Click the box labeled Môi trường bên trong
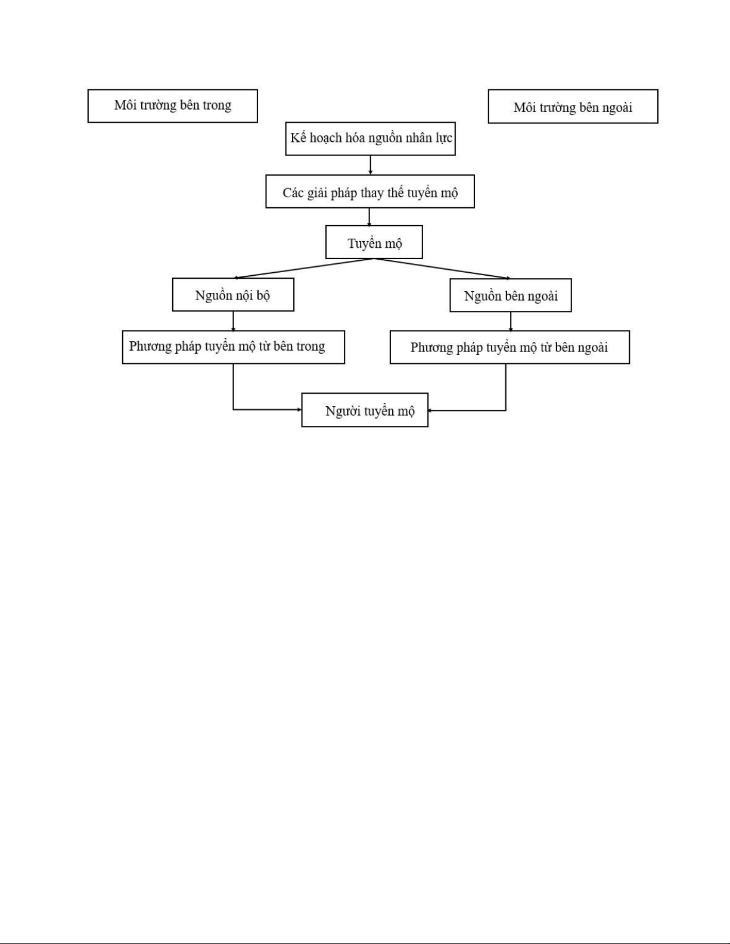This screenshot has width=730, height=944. pyautogui.click(x=172, y=106)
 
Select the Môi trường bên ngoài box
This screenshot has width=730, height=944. pyautogui.click(x=573, y=107)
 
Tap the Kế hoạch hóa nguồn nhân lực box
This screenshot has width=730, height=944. pyautogui.click(x=370, y=139)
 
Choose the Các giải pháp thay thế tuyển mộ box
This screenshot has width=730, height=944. pyautogui.click(x=370, y=192)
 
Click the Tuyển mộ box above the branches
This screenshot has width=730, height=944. pyautogui.click(x=374, y=242)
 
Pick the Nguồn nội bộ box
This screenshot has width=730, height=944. pyautogui.click(x=233, y=295)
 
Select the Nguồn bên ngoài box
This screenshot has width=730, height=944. pyautogui.click(x=511, y=295)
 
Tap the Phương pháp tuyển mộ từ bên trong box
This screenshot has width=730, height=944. pyautogui.click(x=234, y=347)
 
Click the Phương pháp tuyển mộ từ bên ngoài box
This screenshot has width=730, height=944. pyautogui.click(x=510, y=347)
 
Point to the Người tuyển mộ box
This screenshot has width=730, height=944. pyautogui.click(x=365, y=410)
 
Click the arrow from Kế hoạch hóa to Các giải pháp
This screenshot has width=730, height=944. pyautogui.click(x=370, y=165)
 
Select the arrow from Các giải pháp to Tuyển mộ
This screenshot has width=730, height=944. pyautogui.click(x=369, y=217)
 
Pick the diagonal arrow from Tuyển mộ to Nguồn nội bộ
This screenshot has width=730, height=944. pyautogui.click(x=303, y=269)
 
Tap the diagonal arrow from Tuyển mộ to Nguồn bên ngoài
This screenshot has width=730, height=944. pyautogui.click(x=442, y=269)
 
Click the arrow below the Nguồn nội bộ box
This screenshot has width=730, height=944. pyautogui.click(x=234, y=321)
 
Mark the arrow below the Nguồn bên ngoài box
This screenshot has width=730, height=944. pyautogui.click(x=511, y=322)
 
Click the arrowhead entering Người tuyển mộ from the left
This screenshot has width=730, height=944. pyautogui.click(x=299, y=410)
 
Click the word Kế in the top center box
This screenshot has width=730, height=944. pyautogui.click(x=298, y=138)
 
